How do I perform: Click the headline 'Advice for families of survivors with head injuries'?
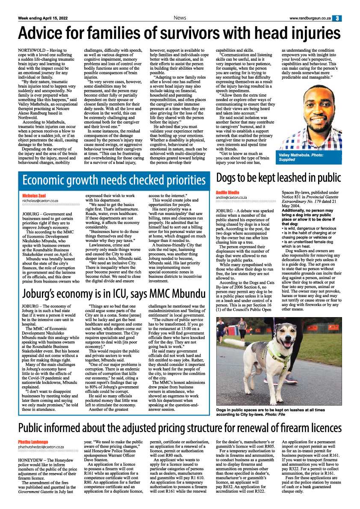tap(180, 32)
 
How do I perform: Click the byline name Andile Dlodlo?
tap(227, 192)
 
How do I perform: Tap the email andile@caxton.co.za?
tap(231, 197)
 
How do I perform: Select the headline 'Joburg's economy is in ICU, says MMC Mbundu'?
tap(114, 282)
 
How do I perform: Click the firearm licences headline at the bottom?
tap(180, 428)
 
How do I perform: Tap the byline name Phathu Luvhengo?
tap(33, 441)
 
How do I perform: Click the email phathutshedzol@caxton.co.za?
tap(41, 447)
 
